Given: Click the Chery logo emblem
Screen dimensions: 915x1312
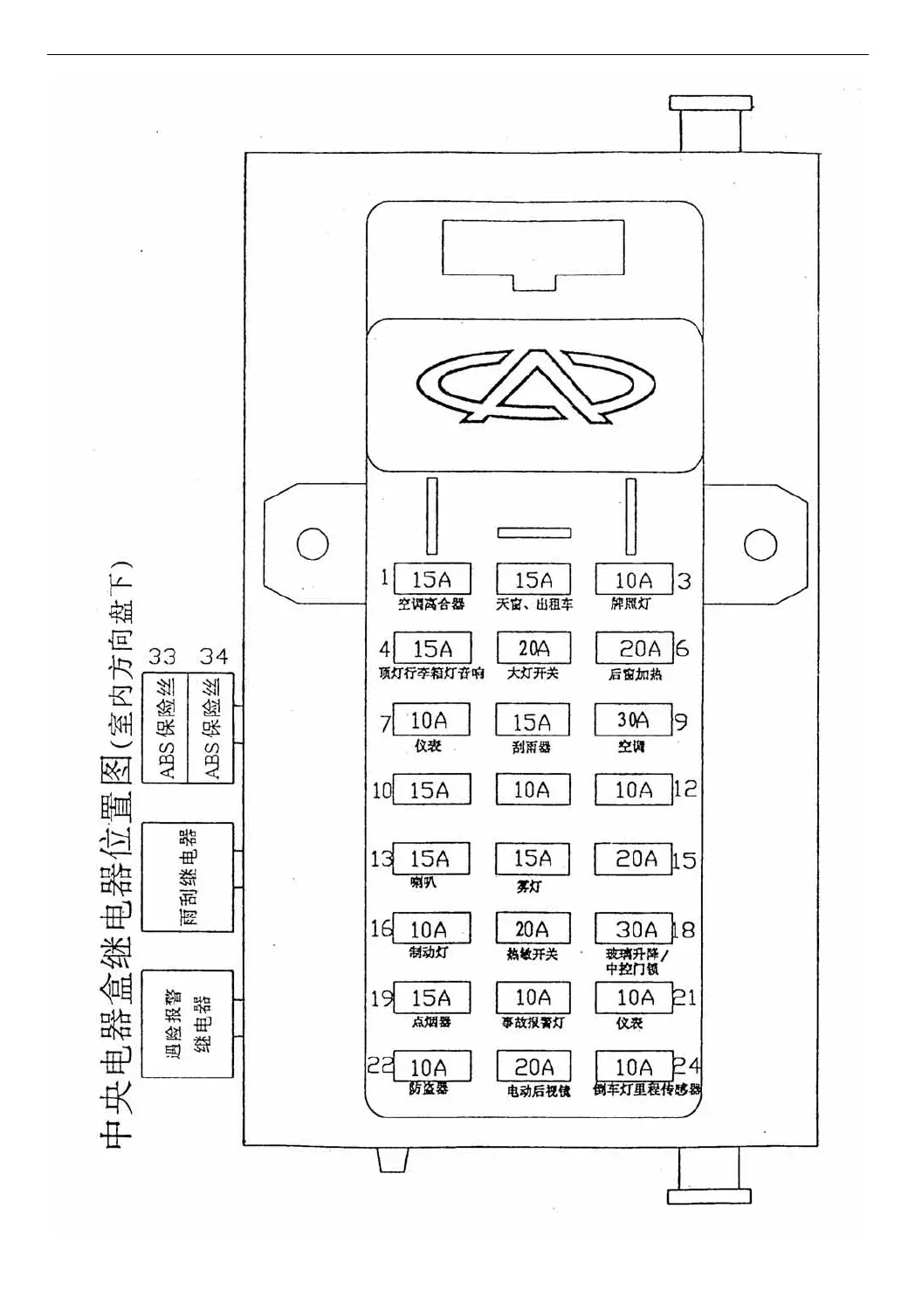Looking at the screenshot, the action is [x=535, y=386].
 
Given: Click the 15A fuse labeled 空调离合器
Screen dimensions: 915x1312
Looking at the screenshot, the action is [x=432, y=579].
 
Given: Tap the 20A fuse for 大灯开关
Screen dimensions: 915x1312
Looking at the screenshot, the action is [x=533, y=648].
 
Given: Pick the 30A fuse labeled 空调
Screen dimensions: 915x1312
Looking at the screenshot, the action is [x=634, y=720].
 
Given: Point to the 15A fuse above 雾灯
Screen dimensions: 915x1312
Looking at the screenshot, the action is [x=533, y=859].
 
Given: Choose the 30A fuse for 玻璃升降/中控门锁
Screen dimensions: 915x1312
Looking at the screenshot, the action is [x=634, y=929].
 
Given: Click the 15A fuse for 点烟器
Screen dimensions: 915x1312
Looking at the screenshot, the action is [x=432, y=998].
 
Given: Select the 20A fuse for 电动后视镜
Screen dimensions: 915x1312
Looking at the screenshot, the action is [x=533, y=1067].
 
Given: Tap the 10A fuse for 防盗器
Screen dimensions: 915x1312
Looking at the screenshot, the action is [x=432, y=1067].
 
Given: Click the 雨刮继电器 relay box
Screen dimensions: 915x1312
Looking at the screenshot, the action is [x=188, y=877].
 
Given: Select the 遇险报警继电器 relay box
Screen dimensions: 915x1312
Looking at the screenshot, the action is [x=188, y=1023].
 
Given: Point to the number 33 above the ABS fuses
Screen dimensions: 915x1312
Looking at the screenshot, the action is [x=162, y=656].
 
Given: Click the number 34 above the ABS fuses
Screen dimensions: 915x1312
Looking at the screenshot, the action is [x=213, y=656].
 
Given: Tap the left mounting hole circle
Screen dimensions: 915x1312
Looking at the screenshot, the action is [x=313, y=543].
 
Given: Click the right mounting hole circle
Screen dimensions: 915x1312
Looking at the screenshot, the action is [x=760, y=544].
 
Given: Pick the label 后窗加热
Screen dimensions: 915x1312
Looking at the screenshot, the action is [x=635, y=674].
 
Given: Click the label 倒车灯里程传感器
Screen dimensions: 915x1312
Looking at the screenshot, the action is [x=647, y=1090].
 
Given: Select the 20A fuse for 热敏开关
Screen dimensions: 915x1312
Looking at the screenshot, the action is [x=533, y=929].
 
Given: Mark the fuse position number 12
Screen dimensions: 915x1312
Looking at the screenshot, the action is [x=685, y=789].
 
